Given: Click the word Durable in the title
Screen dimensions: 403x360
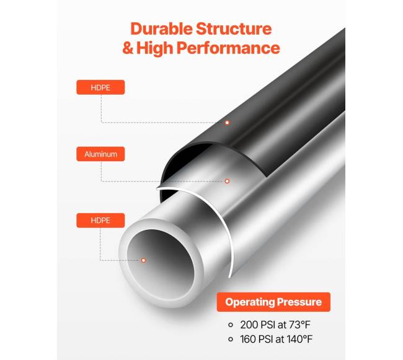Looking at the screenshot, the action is (162, 29).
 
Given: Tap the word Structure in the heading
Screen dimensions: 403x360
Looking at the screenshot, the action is (234, 29).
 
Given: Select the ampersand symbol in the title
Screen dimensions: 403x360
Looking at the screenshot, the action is (128, 48).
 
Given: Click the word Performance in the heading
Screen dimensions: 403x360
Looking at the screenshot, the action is (229, 48).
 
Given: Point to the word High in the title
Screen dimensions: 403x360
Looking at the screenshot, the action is (155, 49).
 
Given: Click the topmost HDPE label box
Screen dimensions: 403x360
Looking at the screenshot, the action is (100, 87).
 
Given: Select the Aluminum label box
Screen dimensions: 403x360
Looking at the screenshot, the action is (100, 154).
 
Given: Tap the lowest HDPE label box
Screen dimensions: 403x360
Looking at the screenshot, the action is (100, 221).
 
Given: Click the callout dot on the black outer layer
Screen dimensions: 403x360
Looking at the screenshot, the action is (227, 123).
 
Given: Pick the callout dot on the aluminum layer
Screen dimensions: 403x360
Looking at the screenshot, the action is (227, 182).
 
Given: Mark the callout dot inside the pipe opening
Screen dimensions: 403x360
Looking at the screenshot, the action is (144, 260).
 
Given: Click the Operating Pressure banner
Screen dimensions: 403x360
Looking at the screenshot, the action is (273, 302).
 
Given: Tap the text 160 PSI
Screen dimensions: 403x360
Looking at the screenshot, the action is (257, 339).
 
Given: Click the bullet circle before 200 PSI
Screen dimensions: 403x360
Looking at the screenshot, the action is (231, 325).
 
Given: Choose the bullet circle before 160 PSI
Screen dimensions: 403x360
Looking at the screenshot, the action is (231, 339).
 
